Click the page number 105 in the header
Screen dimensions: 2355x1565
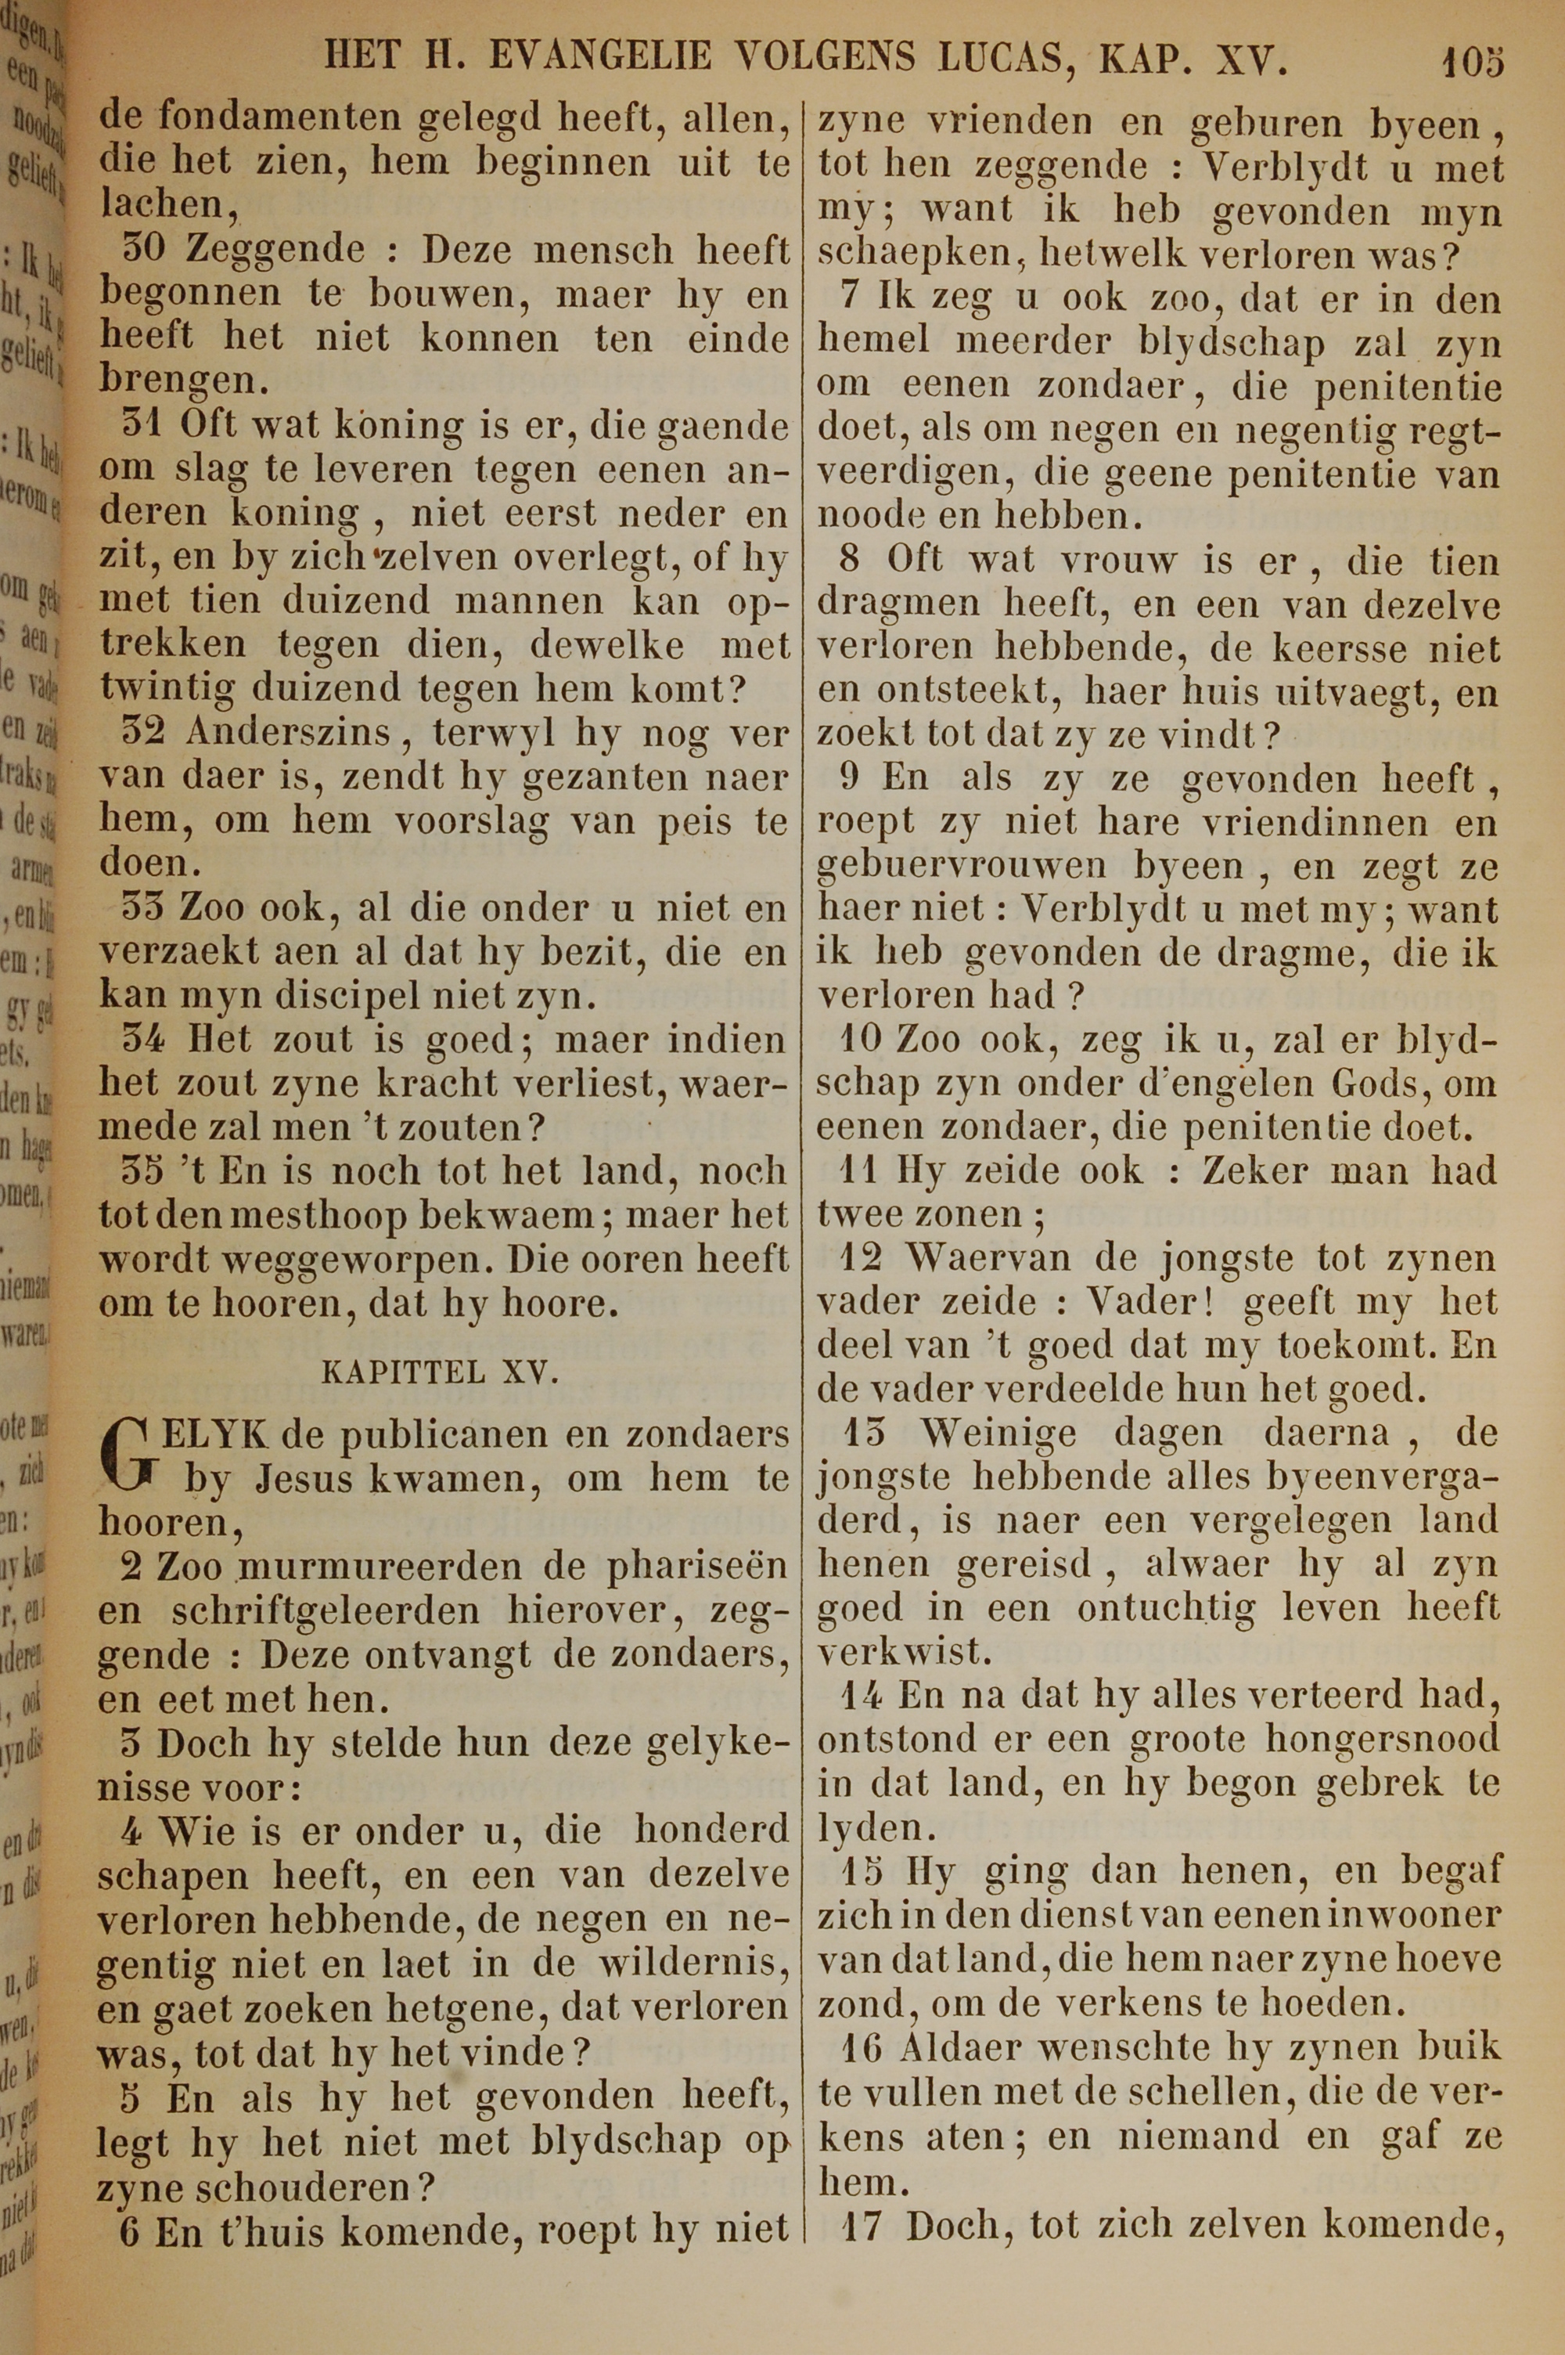1471,62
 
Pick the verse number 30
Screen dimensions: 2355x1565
145,249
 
